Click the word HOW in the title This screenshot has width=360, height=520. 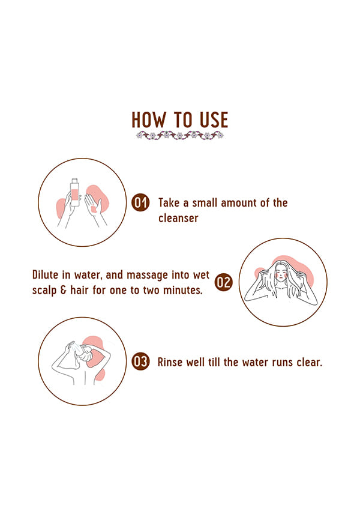tap(148, 119)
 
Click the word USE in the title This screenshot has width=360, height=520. tap(214, 119)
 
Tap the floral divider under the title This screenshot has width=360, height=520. tap(180, 135)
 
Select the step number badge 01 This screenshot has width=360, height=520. tap(140, 202)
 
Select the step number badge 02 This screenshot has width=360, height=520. tap(223, 283)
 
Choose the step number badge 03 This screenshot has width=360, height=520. tap(140, 361)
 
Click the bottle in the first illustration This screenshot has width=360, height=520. tap(75, 192)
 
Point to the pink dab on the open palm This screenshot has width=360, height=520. tap(94, 209)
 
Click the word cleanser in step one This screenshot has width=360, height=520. tap(178, 218)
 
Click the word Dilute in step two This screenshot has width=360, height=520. tap(45, 274)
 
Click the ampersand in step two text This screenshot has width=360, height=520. tap(64, 290)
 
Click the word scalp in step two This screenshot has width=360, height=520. tap(44, 291)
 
